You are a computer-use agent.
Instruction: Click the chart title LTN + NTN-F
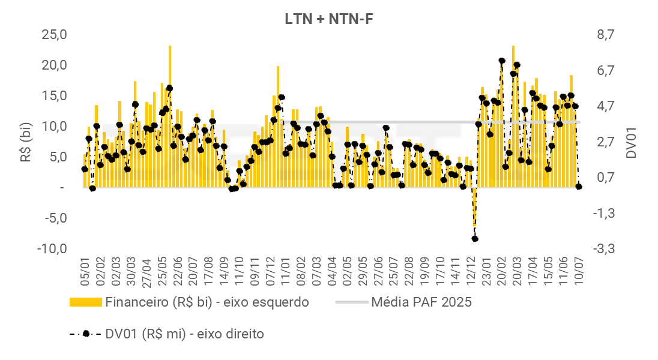coord(330,19)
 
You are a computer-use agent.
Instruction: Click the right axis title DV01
coord(631,142)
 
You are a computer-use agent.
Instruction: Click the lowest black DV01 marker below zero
coord(475,239)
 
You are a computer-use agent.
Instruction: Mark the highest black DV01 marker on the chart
coord(502,61)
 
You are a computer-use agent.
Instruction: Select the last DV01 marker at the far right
coord(579,187)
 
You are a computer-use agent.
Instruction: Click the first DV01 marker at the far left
coord(85,169)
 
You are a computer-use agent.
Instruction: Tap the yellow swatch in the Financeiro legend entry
coord(86,302)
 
